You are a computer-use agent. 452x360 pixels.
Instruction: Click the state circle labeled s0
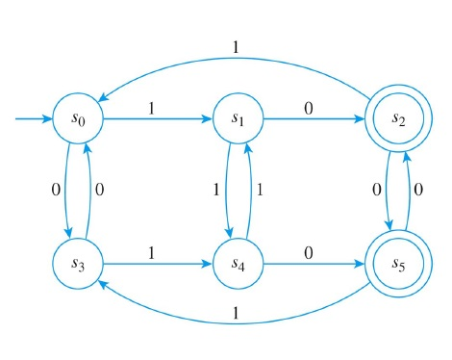pyautogui.click(x=80, y=119)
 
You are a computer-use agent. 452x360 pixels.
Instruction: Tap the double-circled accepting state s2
pyautogui.click(x=396, y=119)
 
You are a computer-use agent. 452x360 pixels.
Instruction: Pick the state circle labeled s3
pyautogui.click(x=80, y=261)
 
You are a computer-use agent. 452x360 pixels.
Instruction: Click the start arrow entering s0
pyautogui.click(x=35, y=119)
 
